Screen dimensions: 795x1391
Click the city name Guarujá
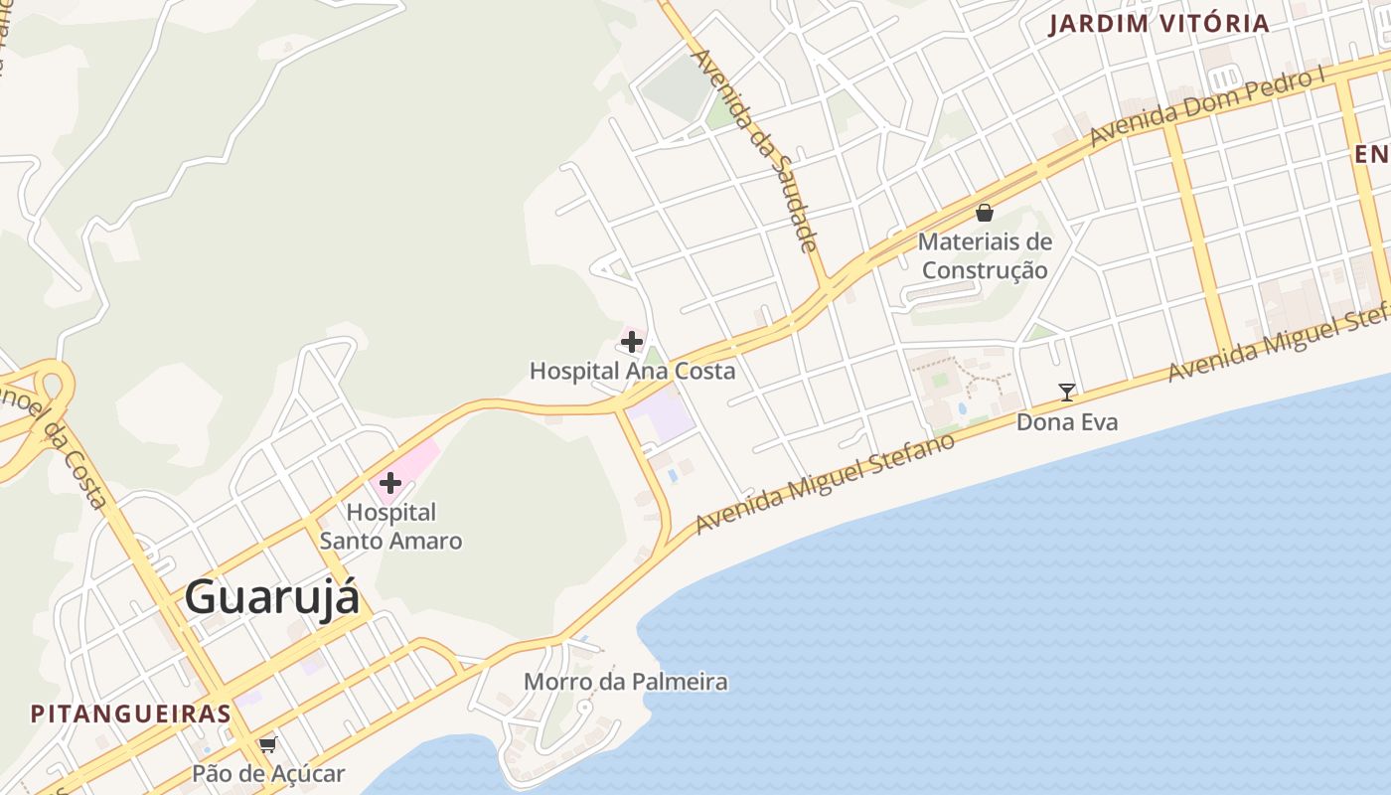pos(271,598)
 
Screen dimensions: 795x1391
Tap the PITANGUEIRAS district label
pos(130,714)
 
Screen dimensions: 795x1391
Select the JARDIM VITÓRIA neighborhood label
pos(1159,24)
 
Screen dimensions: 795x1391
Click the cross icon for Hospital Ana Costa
pos(631,343)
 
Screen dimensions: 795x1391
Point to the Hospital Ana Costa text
pos(632,372)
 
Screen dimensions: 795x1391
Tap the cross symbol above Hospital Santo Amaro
pos(390,484)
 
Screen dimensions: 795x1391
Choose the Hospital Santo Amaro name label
pos(390,527)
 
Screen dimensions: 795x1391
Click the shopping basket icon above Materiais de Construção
pos(985,213)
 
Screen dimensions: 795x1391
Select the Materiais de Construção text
pos(985,255)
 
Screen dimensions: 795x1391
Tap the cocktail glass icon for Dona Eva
pos(1067,393)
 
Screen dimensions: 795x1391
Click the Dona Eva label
pos(1066,422)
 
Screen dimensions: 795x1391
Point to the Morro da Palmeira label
pos(625,683)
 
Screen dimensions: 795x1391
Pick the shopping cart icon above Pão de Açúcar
pos(267,744)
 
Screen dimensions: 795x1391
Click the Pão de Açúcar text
pos(268,774)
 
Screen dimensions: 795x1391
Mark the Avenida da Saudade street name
pos(755,149)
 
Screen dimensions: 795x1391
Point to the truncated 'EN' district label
pos(1373,154)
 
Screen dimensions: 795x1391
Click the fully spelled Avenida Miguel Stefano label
pos(825,483)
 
